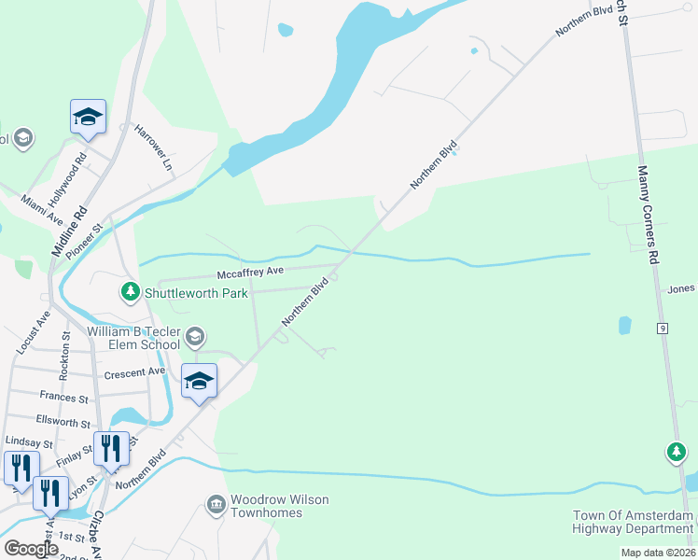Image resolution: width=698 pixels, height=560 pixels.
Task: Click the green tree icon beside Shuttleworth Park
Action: click(132, 293)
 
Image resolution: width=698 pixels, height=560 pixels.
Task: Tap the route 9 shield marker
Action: click(662, 328)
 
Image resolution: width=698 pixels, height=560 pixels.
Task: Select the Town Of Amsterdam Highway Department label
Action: click(635, 523)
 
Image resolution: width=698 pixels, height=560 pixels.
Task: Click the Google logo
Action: click(31, 549)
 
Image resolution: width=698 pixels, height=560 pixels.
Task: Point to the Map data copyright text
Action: click(658, 553)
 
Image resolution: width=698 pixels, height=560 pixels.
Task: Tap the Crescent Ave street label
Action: click(135, 372)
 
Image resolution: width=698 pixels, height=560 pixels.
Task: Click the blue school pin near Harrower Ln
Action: click(88, 118)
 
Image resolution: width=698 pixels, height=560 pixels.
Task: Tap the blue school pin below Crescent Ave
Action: click(199, 381)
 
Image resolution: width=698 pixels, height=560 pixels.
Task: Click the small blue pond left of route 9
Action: click(623, 326)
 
